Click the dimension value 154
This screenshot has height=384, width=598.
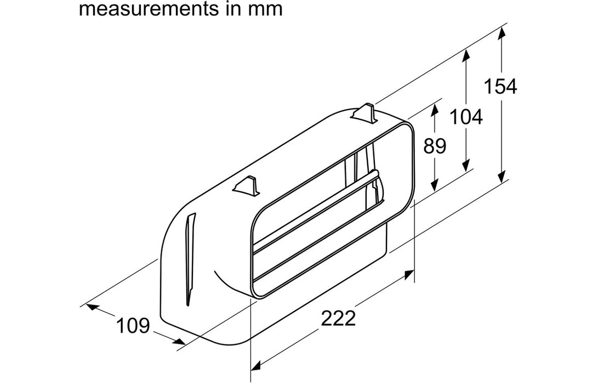(x=500, y=86)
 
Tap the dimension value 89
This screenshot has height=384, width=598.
(x=435, y=146)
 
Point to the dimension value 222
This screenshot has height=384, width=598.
(x=338, y=318)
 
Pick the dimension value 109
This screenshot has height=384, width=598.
(x=133, y=326)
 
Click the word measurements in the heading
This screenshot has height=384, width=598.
(x=149, y=9)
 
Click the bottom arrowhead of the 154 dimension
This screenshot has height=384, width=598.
(x=502, y=176)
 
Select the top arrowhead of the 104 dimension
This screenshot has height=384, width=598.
(x=466, y=55)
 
